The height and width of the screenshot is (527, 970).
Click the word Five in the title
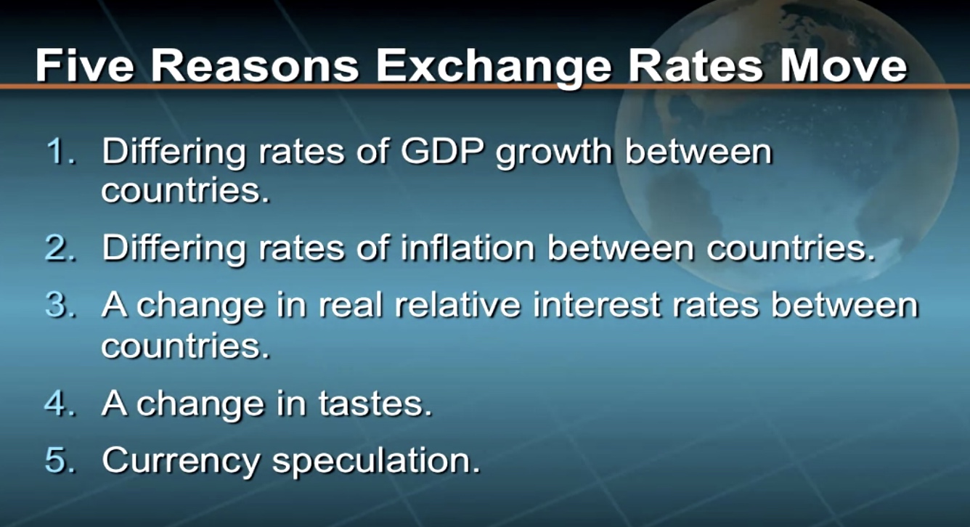click(x=84, y=65)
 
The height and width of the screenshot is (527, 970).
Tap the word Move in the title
click(x=843, y=65)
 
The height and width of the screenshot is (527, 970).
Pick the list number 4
click(x=60, y=403)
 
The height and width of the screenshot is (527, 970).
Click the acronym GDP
click(x=442, y=151)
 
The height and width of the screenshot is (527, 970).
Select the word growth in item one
click(x=554, y=154)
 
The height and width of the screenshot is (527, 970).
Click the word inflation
click(x=468, y=248)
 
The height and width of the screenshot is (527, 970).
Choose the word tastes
click(x=375, y=403)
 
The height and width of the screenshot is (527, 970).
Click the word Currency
click(x=181, y=462)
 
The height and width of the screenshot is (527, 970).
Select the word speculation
click(x=376, y=462)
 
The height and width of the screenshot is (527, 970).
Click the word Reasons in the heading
click(x=255, y=65)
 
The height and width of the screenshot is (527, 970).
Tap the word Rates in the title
click(x=696, y=65)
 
